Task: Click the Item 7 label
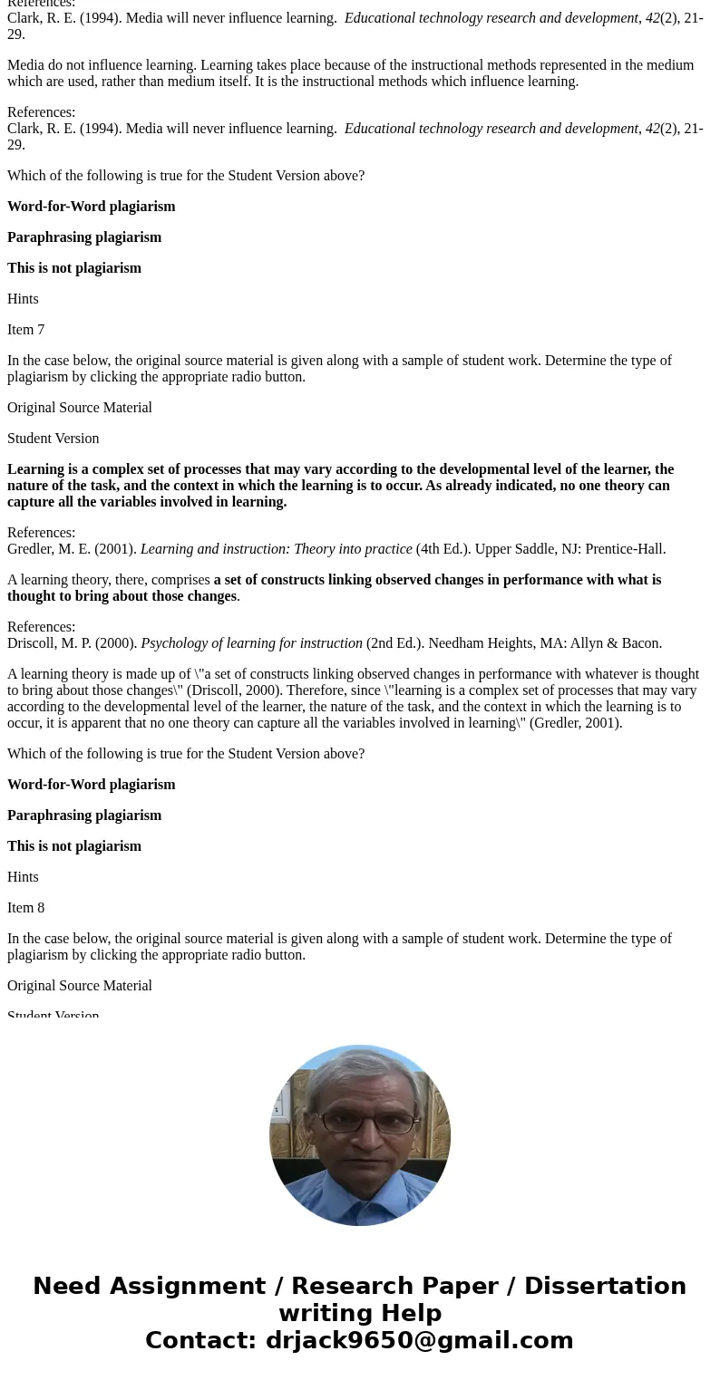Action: (x=25, y=330)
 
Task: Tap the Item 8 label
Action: (x=25, y=908)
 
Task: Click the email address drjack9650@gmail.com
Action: (x=419, y=1340)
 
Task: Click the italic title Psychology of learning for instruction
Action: (x=251, y=643)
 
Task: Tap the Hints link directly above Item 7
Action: (x=23, y=299)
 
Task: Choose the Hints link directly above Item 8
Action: (x=23, y=877)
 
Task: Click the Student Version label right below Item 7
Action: (x=53, y=439)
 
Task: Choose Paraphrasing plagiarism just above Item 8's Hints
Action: (x=84, y=815)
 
